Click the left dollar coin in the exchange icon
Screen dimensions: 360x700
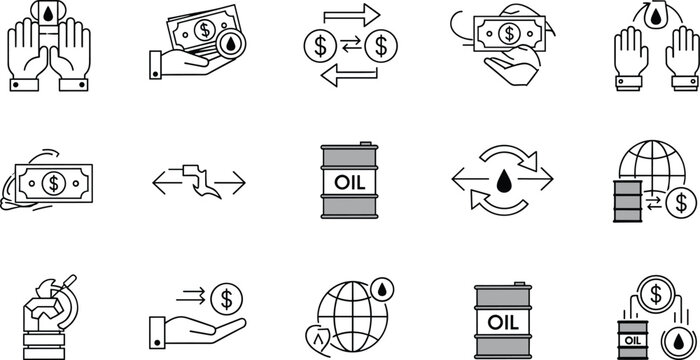pyautogui.click(x=318, y=46)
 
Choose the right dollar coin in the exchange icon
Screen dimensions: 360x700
pyautogui.click(x=381, y=46)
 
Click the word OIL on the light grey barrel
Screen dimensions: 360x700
pyautogui.click(x=349, y=181)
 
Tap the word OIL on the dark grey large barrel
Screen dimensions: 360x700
pyautogui.click(x=504, y=322)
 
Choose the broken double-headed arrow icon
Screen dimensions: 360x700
pyautogui.click(x=197, y=181)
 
